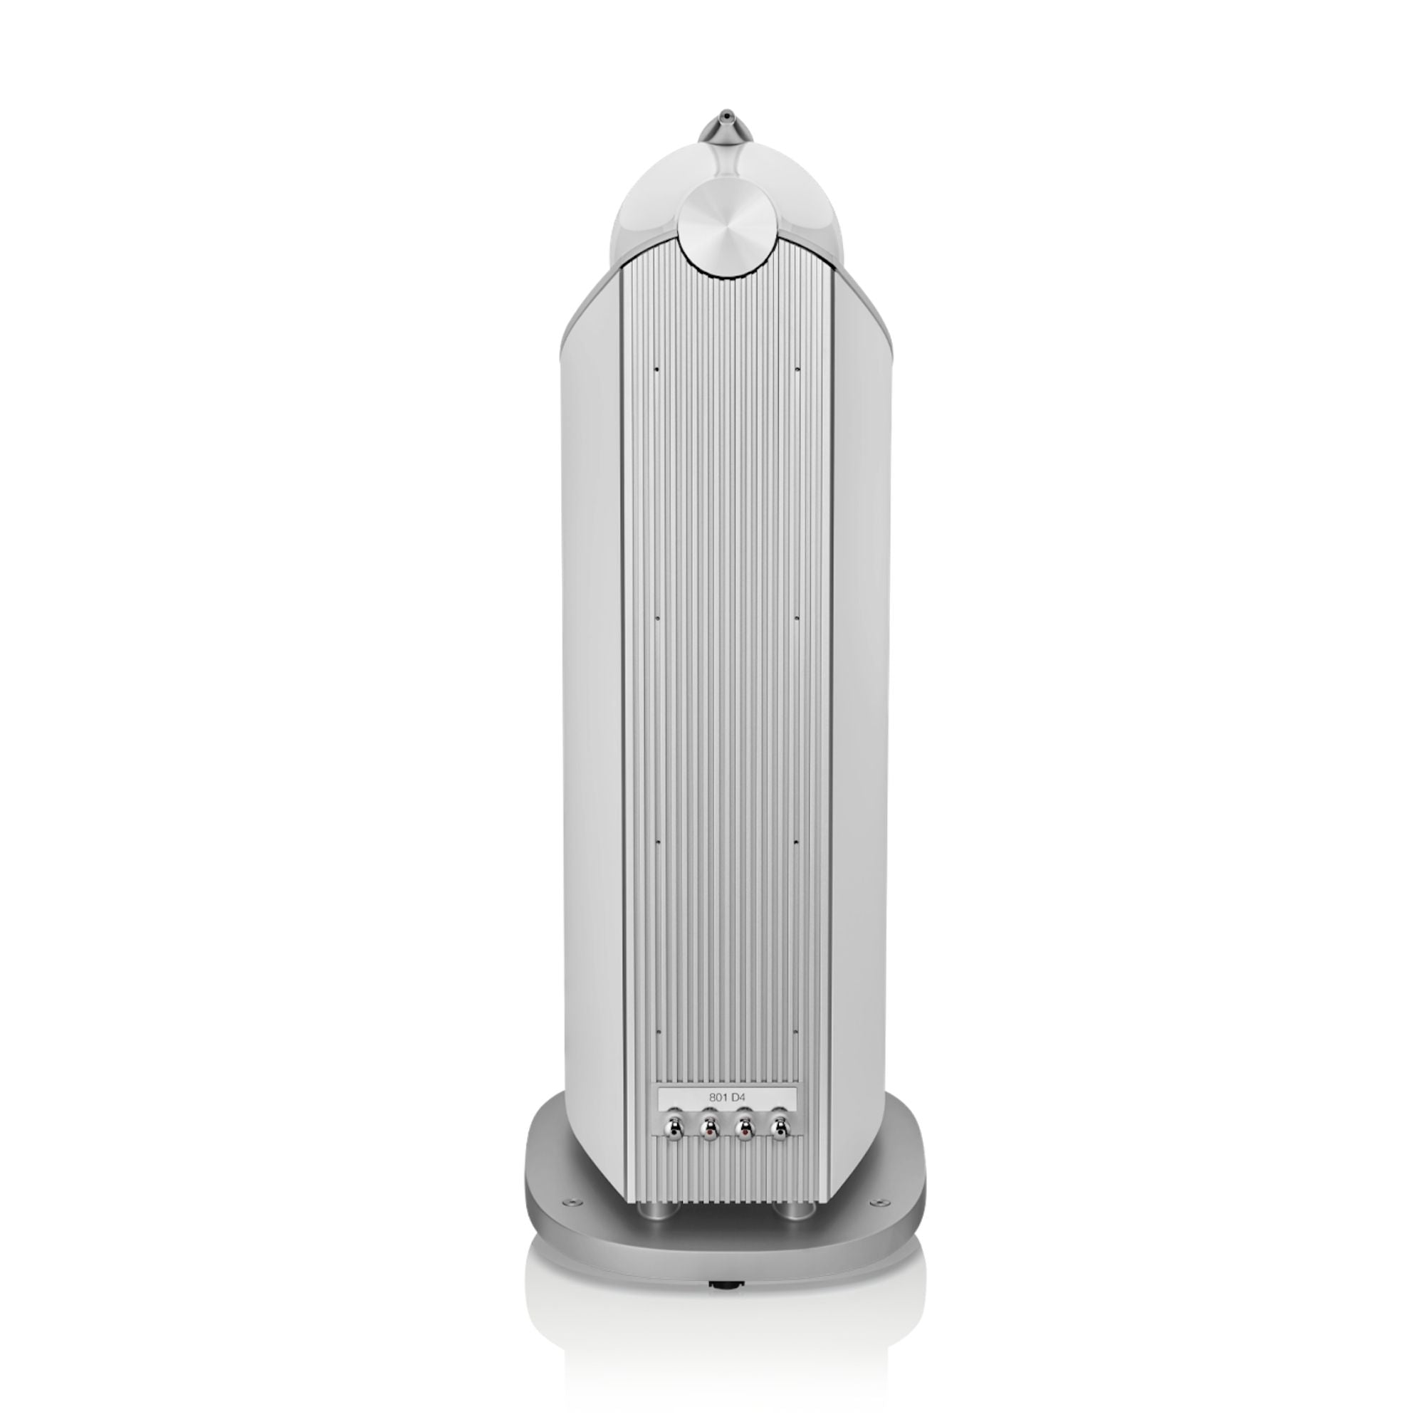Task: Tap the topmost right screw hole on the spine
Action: [798, 370]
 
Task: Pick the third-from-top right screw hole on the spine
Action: [798, 839]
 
